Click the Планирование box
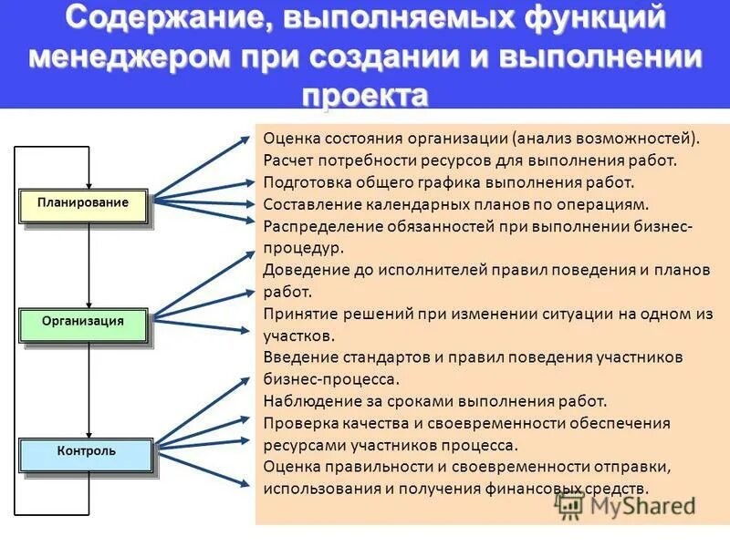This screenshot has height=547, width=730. [83, 203]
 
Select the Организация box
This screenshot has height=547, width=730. [83, 322]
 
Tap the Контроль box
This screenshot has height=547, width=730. [86, 452]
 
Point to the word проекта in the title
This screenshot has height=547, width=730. [364, 93]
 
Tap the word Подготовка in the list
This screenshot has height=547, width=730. [307, 183]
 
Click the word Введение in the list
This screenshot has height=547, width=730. [297, 357]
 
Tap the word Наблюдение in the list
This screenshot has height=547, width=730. [309, 401]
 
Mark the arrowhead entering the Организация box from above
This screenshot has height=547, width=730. [89, 304]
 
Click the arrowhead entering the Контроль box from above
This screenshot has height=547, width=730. [89, 434]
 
